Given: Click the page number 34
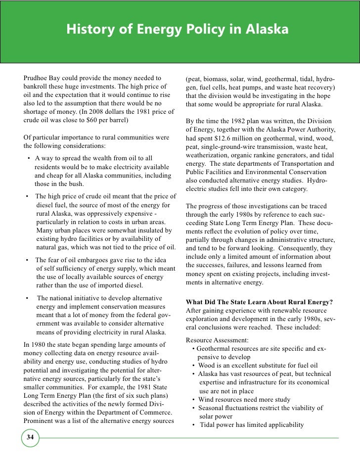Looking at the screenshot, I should tap(31, 437).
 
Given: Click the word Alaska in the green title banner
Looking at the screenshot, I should tap(266, 31).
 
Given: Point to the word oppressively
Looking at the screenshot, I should tap(109, 213).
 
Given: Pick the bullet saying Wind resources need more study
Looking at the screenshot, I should tap(244, 400).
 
